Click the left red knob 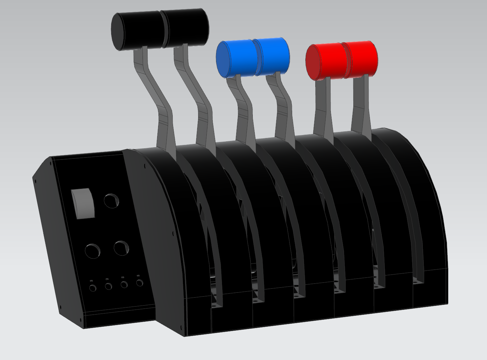point(324,62)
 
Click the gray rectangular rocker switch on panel point(83,204)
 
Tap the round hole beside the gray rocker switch point(111,200)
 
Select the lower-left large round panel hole point(93,250)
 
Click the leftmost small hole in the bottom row point(93,288)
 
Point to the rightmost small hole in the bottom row point(140,283)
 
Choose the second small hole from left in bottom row point(109,286)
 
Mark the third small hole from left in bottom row point(124,284)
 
